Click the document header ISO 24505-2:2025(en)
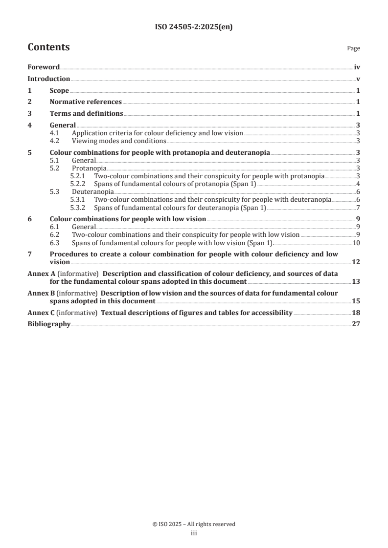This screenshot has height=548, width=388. [x=194, y=27]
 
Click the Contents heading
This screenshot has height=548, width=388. [x=48, y=47]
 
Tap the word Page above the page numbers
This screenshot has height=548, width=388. [x=353, y=49]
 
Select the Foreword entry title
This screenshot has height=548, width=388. [x=44, y=67]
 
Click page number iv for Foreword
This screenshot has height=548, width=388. [x=357, y=67]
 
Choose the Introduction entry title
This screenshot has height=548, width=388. [x=48, y=79]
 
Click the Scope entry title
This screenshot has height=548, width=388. [x=59, y=91]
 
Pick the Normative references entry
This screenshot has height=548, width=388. [x=86, y=102]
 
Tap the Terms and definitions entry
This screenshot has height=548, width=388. [x=86, y=114]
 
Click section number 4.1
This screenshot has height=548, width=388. [x=55, y=133]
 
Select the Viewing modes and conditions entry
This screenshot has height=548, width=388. [x=119, y=141]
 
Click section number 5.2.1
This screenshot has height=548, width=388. [x=78, y=176]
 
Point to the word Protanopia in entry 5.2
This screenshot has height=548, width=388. [x=88, y=168]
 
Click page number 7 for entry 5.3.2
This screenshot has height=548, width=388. [x=358, y=207]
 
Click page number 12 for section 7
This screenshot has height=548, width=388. [x=356, y=262]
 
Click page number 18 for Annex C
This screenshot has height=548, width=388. [x=356, y=313]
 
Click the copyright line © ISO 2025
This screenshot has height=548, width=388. [x=194, y=524]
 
